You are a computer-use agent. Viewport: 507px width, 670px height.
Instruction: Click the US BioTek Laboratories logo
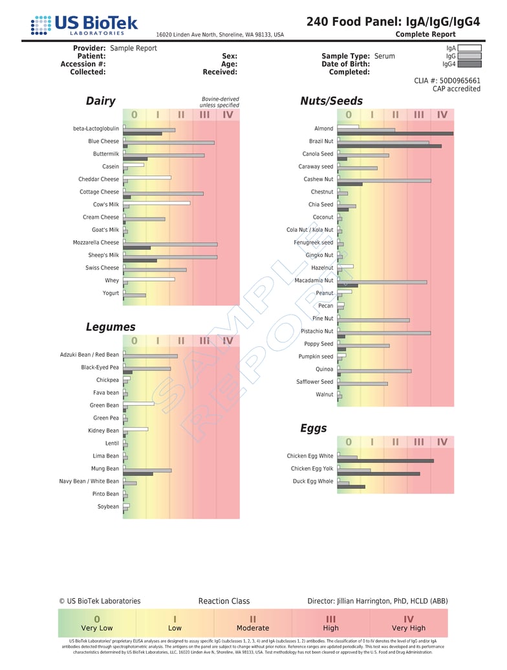pyautogui.click(x=84, y=25)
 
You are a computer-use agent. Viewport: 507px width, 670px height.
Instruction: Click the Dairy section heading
pyautogui.click(x=101, y=101)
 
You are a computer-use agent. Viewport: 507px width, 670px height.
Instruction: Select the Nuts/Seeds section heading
pyautogui.click(x=331, y=101)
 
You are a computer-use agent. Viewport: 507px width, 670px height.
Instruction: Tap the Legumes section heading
pyautogui.click(x=111, y=327)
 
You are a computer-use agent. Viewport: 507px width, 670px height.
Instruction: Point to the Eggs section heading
pyautogui.click(x=313, y=429)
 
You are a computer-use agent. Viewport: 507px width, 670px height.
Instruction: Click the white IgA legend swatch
pyautogui.click(x=469, y=48)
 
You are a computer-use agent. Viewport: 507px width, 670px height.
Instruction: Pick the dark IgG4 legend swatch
pyautogui.click(x=469, y=64)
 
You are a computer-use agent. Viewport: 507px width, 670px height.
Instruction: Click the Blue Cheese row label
pyautogui.click(x=103, y=141)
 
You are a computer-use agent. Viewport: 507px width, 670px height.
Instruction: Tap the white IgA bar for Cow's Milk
pyautogui.click(x=157, y=203)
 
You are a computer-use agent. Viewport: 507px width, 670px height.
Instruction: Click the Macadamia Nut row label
pyautogui.click(x=314, y=281)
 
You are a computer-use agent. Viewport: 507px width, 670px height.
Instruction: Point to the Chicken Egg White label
pyautogui.click(x=310, y=456)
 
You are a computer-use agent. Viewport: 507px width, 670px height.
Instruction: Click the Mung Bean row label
pyautogui.click(x=104, y=469)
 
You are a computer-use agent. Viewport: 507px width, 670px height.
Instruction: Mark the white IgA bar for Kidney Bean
pyautogui.click(x=136, y=429)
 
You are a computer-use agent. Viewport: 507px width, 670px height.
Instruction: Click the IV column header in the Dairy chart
pyautogui.click(x=228, y=115)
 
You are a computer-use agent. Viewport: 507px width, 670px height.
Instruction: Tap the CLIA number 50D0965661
pyautogui.click(x=460, y=81)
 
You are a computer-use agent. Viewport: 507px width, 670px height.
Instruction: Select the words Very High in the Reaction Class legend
pyautogui.click(x=409, y=628)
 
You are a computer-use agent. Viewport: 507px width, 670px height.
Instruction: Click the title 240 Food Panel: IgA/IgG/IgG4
pyautogui.click(x=393, y=21)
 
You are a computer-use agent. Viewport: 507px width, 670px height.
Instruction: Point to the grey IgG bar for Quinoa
pyautogui.click(x=374, y=371)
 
